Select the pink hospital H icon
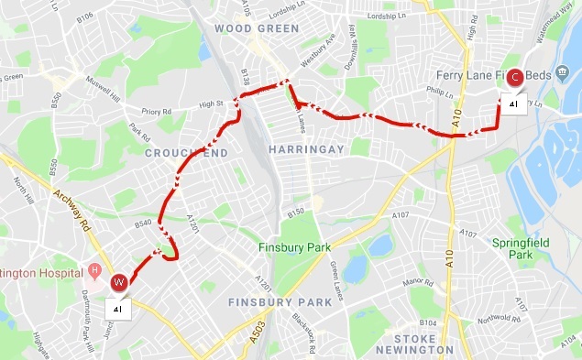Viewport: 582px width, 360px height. pyautogui.click(x=94, y=272)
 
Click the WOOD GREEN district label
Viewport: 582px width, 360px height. pyautogui.click(x=257, y=29)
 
